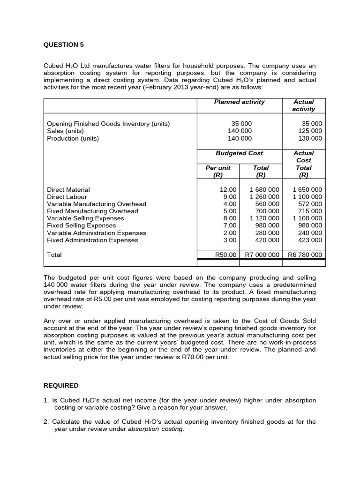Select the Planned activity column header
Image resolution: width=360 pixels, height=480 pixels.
pos(239,102)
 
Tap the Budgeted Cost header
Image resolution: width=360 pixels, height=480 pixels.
pos(239,153)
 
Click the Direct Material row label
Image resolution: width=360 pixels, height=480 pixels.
pos(68,190)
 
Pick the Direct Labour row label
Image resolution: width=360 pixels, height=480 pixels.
pos(67,197)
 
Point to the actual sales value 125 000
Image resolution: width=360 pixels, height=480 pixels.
pos(310,131)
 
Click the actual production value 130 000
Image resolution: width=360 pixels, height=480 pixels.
pos(310,138)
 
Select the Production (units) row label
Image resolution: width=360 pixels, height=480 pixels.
pos(73,138)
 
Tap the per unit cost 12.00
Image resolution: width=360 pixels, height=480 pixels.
pos(228,190)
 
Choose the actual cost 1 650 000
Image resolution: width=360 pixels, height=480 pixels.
pos(307,190)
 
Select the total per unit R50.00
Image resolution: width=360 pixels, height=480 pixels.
pos(225,255)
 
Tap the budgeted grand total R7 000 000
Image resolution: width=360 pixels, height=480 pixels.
pos(262,255)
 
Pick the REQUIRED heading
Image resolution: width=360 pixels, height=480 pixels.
pos(61,385)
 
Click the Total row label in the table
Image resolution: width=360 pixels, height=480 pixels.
pos(54,255)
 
